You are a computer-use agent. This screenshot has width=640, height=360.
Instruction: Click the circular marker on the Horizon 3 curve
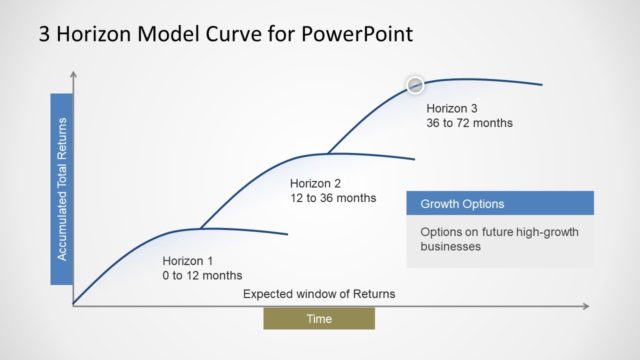(414, 85)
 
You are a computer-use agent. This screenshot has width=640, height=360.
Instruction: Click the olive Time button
(319, 318)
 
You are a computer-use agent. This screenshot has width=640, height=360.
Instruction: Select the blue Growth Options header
(500, 203)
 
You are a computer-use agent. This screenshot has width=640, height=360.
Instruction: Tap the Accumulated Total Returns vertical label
(62, 189)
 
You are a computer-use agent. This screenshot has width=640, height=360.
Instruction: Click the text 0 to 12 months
(202, 275)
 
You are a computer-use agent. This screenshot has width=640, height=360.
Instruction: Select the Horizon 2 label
(316, 183)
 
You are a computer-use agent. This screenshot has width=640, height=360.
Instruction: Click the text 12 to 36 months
(333, 198)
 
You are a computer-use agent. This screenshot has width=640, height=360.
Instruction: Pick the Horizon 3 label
(453, 108)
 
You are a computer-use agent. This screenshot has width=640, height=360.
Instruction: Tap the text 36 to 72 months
(469, 124)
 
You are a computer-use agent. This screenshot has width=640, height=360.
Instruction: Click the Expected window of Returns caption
(319, 294)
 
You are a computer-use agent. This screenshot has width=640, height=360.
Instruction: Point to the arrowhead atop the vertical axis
(74, 74)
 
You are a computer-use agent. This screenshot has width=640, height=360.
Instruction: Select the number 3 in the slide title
(44, 33)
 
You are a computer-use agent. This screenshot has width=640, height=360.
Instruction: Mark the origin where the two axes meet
(74, 304)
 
